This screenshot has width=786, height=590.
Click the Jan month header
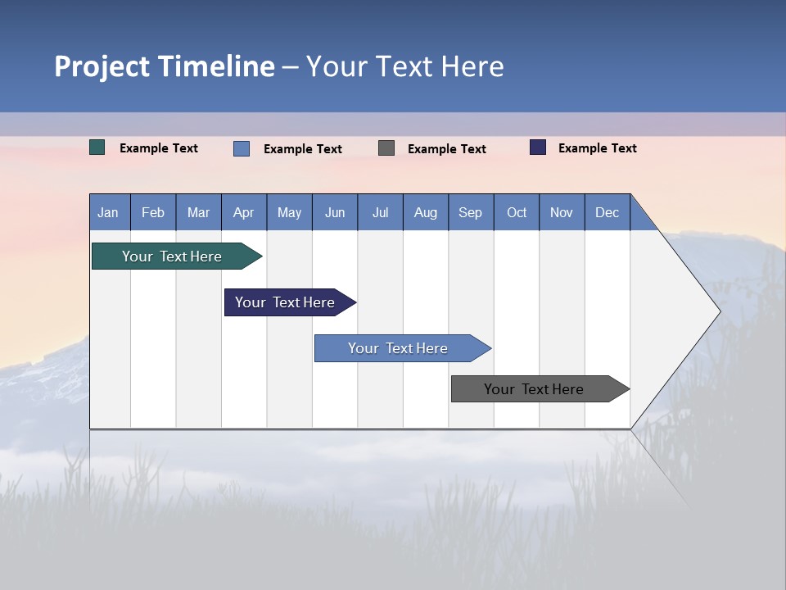click(x=108, y=212)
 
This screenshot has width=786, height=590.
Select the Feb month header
click(x=153, y=212)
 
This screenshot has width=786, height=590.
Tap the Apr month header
click(x=244, y=212)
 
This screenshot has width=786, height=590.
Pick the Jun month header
click(x=335, y=212)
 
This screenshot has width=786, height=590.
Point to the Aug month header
click(x=426, y=212)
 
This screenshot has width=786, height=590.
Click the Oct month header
click(x=517, y=212)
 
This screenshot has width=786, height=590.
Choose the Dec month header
click(x=608, y=212)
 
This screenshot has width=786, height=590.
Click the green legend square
click(x=97, y=147)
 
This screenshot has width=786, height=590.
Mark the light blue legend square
click(x=242, y=148)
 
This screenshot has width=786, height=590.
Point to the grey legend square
click(x=386, y=147)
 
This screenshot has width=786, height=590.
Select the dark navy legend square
click(x=538, y=147)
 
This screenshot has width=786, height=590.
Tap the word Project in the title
click(x=102, y=66)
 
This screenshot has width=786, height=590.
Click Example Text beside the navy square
click(x=597, y=148)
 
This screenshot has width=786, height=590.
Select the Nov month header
click(x=562, y=212)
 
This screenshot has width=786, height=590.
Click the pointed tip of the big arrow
click(x=718, y=311)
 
